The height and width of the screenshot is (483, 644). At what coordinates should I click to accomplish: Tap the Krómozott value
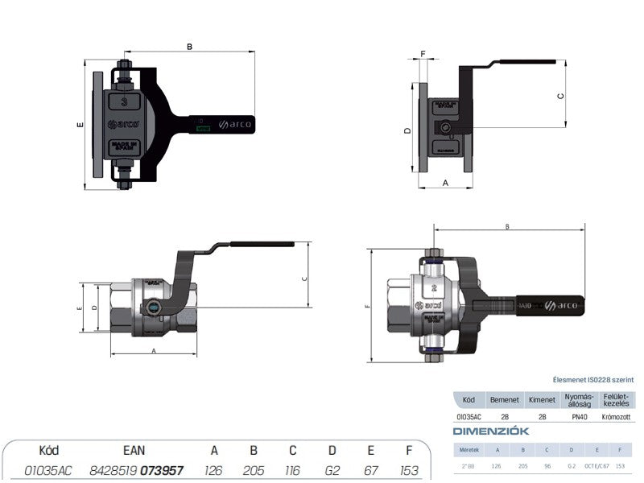point(617,418)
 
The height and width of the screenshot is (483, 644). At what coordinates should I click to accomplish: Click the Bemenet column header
point(505,399)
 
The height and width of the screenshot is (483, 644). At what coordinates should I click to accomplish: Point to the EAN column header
point(133,451)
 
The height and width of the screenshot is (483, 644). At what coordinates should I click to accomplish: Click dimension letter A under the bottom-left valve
point(153,353)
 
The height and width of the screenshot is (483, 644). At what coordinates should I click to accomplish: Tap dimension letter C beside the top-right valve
point(561,96)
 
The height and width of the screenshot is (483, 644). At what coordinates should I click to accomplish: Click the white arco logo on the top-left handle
point(236,125)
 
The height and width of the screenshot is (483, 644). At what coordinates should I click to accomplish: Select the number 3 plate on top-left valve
point(123,102)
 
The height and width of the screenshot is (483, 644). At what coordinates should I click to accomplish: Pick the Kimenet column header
point(542,399)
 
